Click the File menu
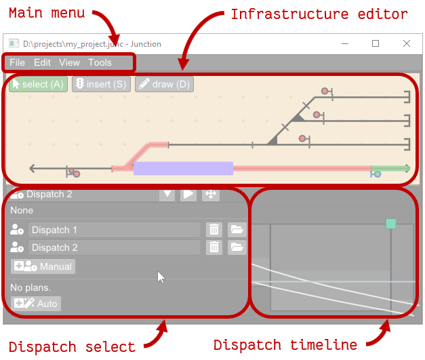point(17,62)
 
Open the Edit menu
point(42,62)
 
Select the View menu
point(69,62)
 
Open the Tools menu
point(100,62)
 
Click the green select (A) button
point(38,84)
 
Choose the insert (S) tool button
point(101,84)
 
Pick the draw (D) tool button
point(164,84)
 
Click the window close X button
point(407,43)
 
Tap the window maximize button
point(376,43)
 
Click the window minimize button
point(344,43)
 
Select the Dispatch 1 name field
point(114,230)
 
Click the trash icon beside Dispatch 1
point(214,230)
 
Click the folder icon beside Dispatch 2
point(236,247)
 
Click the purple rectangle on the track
point(183,168)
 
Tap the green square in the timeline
point(390,224)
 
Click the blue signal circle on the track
point(378,174)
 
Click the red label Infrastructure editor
point(319,14)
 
